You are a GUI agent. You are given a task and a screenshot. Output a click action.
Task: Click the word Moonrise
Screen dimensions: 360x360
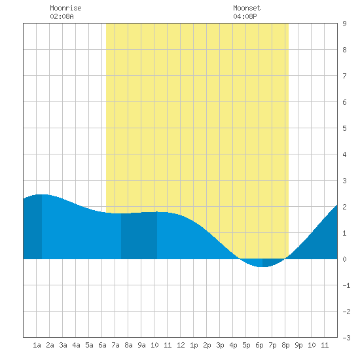click(x=65, y=8)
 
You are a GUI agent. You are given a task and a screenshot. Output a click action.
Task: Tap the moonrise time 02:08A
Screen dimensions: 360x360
click(x=62, y=16)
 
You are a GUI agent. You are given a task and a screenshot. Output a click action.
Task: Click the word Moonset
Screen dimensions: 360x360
click(x=247, y=8)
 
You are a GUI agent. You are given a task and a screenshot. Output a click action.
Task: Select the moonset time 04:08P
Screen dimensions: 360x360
click(x=245, y=16)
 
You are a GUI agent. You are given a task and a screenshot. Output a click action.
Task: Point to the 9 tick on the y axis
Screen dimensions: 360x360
click(x=344, y=24)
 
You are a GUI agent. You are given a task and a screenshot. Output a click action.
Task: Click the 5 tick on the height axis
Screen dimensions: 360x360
click(x=344, y=128)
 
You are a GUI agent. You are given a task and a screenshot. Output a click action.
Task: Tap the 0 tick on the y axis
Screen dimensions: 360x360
click(x=344, y=259)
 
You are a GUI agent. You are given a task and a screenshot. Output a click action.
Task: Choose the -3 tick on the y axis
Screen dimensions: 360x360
click(x=347, y=338)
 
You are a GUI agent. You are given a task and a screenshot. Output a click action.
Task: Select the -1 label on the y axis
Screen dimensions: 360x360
click(x=347, y=285)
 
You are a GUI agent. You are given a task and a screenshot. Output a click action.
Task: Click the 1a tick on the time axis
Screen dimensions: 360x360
click(x=37, y=345)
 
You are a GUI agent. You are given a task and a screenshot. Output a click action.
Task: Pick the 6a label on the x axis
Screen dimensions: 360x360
click(x=102, y=345)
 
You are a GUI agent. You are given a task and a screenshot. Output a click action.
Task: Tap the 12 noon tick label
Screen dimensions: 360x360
click(x=181, y=345)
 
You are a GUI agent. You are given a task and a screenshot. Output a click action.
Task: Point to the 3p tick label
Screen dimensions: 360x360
click(x=220, y=345)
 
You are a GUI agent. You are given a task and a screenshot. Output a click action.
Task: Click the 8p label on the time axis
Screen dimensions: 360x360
click(x=285, y=345)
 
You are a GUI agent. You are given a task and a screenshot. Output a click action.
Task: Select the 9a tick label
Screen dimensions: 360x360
click(x=141, y=345)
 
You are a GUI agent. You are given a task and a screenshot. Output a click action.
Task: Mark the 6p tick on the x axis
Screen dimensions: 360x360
click(x=259, y=345)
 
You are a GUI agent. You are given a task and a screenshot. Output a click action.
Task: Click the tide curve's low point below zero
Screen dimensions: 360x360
click(x=262, y=267)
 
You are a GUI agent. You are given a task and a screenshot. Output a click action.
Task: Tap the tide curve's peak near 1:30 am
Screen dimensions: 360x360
click(x=43, y=194)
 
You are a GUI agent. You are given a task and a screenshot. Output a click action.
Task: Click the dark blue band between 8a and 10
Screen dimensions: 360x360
click(x=139, y=236)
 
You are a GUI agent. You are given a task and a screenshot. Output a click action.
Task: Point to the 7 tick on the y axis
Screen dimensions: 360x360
click(x=344, y=76)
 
